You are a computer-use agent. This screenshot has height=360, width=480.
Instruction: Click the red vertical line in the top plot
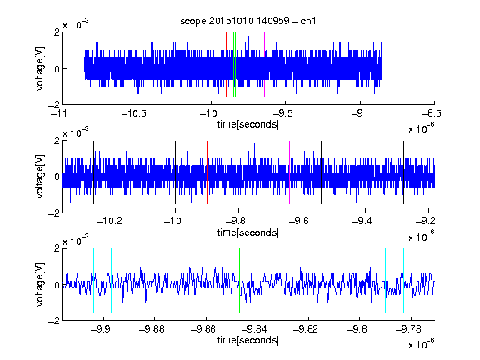click(x=226, y=65)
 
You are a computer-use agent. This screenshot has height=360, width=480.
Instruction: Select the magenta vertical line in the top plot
click(x=264, y=65)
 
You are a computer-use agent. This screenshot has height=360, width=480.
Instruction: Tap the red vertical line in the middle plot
click(x=207, y=172)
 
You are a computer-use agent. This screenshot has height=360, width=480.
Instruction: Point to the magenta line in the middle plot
click(x=290, y=172)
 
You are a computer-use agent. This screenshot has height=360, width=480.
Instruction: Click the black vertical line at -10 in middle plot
click(x=175, y=172)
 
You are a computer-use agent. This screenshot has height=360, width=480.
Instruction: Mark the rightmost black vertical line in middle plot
click(x=403, y=172)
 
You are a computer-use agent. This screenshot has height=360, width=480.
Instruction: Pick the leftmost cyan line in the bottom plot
click(x=93, y=280)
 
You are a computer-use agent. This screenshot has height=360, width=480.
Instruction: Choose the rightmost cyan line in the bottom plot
click(x=403, y=280)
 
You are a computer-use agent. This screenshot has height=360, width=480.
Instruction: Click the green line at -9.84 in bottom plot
click(x=257, y=280)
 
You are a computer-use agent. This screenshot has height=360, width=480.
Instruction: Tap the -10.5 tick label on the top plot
click(x=134, y=113)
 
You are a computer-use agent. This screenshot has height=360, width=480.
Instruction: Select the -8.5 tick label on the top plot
click(x=432, y=113)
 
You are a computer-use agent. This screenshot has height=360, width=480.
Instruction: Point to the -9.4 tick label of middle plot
click(x=362, y=220)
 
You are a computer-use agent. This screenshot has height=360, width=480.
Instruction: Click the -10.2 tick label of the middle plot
click(x=109, y=220)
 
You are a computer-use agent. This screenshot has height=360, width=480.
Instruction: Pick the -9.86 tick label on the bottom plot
click(x=203, y=329)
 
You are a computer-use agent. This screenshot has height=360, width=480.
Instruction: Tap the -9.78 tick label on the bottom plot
click(x=408, y=329)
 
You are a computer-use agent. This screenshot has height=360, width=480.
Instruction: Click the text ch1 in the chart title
click(x=308, y=21)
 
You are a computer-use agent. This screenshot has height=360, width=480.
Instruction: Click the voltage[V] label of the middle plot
click(x=40, y=177)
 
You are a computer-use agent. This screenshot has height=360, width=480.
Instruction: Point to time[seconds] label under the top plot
click(x=248, y=124)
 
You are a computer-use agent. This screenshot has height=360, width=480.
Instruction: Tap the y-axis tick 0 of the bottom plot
click(x=57, y=285)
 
